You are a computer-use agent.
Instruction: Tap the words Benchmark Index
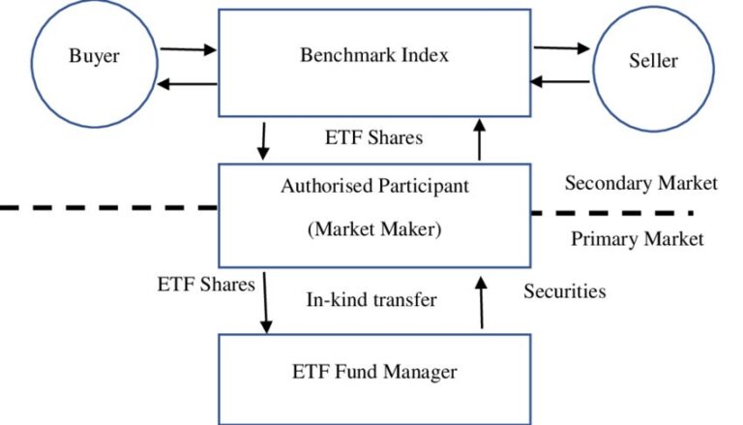(x=373, y=54)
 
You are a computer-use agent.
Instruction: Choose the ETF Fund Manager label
(x=373, y=371)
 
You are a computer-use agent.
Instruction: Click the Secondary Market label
(x=640, y=182)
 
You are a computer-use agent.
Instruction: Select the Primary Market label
(x=637, y=239)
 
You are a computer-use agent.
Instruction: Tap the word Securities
(x=565, y=290)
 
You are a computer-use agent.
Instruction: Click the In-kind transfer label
(x=371, y=299)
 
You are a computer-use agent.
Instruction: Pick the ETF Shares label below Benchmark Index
(x=373, y=137)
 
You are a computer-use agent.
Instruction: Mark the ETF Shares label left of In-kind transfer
(x=206, y=284)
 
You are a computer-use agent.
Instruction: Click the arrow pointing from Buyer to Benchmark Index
(x=188, y=48)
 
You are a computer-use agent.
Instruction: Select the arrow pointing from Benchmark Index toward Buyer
(x=188, y=83)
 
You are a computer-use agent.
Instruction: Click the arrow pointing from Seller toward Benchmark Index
(x=561, y=81)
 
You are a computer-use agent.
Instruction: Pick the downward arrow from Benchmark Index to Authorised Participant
(x=262, y=141)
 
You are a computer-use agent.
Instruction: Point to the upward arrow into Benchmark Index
(x=479, y=137)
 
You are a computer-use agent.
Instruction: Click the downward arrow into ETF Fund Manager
(x=264, y=307)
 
